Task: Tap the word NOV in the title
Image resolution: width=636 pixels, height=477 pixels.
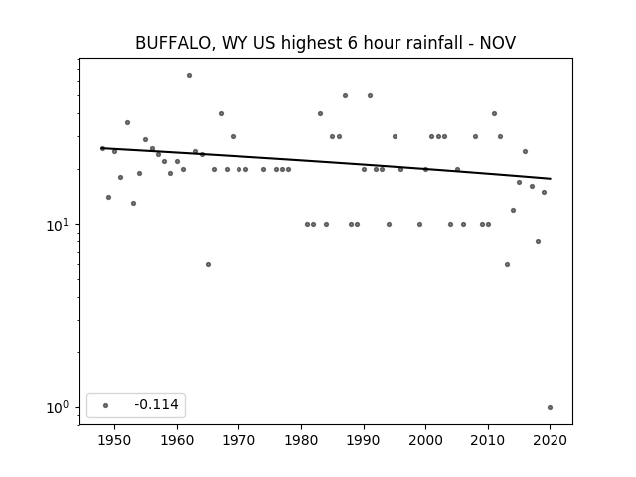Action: [x=498, y=43]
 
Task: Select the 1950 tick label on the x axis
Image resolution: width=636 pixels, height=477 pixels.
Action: [x=115, y=440]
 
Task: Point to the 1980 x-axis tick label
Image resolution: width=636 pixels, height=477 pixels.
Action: [x=301, y=440]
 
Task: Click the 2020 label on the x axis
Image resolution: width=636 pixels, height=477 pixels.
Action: [x=550, y=440]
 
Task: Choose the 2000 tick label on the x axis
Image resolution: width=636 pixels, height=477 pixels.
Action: [x=425, y=440]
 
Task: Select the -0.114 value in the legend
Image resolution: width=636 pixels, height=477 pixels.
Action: [x=156, y=404]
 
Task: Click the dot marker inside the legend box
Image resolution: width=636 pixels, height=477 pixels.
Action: [x=106, y=405]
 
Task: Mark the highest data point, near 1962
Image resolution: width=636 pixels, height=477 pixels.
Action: [x=189, y=76]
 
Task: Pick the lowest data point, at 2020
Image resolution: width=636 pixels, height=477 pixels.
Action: [x=550, y=408]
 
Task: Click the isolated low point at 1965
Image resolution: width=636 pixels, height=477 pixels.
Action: [x=208, y=265]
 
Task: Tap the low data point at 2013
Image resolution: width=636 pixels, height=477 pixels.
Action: [x=507, y=265]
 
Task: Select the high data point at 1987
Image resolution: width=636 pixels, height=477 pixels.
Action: [x=345, y=96]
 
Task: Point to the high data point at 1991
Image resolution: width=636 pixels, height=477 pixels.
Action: [x=370, y=96]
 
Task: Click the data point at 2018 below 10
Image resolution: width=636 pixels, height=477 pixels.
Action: [x=538, y=242]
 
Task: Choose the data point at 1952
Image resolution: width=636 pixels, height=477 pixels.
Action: [x=127, y=123]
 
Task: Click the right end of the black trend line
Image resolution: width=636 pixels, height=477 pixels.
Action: [x=551, y=179]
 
